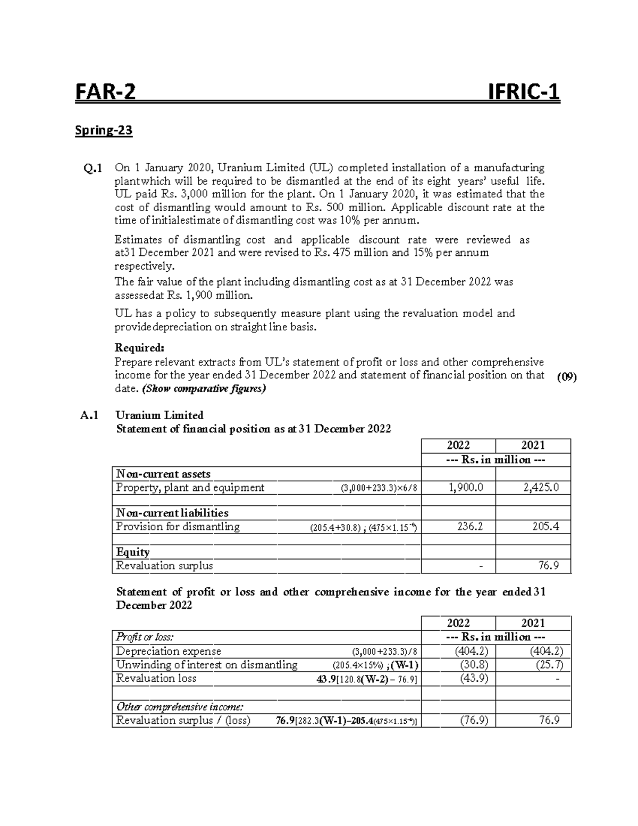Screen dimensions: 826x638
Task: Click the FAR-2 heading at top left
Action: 105,93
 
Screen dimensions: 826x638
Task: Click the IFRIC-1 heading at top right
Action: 524,93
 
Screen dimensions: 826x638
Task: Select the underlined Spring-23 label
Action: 104,130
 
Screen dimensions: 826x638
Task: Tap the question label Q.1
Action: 93,169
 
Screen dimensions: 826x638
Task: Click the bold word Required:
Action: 140,348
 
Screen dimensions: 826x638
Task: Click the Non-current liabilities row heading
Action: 172,513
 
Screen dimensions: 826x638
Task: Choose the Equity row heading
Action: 133,552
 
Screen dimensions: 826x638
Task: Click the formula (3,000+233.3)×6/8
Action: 375,488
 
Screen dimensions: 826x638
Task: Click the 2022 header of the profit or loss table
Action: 458,623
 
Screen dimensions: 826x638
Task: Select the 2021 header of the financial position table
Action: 533,445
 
